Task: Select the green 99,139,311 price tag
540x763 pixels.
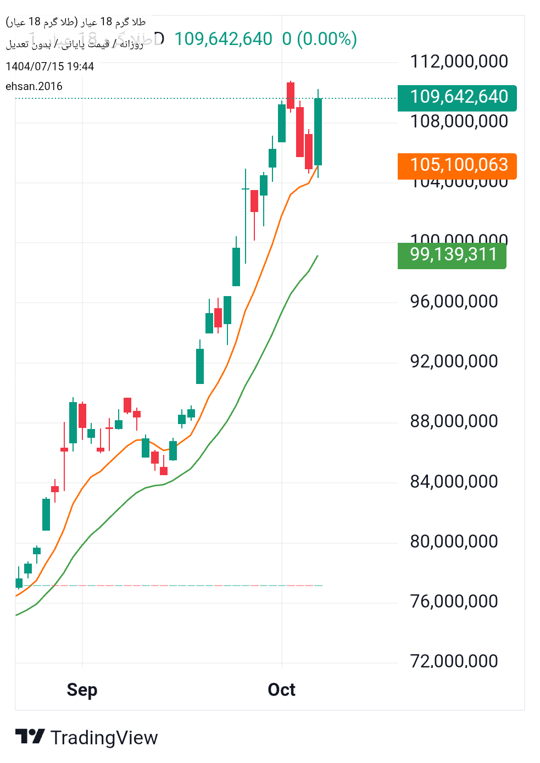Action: pos(452,255)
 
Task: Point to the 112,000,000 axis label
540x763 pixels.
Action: pos(459,62)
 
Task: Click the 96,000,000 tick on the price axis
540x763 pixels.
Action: pos(454,302)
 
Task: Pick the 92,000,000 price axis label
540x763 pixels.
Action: pos(454,361)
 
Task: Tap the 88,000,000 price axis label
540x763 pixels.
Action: pos(454,421)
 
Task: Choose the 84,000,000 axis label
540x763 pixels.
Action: pos(454,482)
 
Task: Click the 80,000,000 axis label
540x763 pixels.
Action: pos(454,542)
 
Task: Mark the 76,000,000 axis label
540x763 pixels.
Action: pos(454,602)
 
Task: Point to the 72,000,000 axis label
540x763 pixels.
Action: pos(454,661)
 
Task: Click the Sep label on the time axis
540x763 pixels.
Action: pos(82,690)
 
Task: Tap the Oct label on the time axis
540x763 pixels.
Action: pos(281,690)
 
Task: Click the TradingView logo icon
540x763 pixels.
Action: pos(30,737)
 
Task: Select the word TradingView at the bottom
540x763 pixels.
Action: pos(104,738)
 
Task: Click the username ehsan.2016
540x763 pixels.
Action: pos(34,86)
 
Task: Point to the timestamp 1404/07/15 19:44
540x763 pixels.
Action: pos(50,66)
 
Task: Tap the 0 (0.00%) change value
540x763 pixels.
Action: pos(320,39)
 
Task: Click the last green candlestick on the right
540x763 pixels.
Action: pos(318,132)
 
